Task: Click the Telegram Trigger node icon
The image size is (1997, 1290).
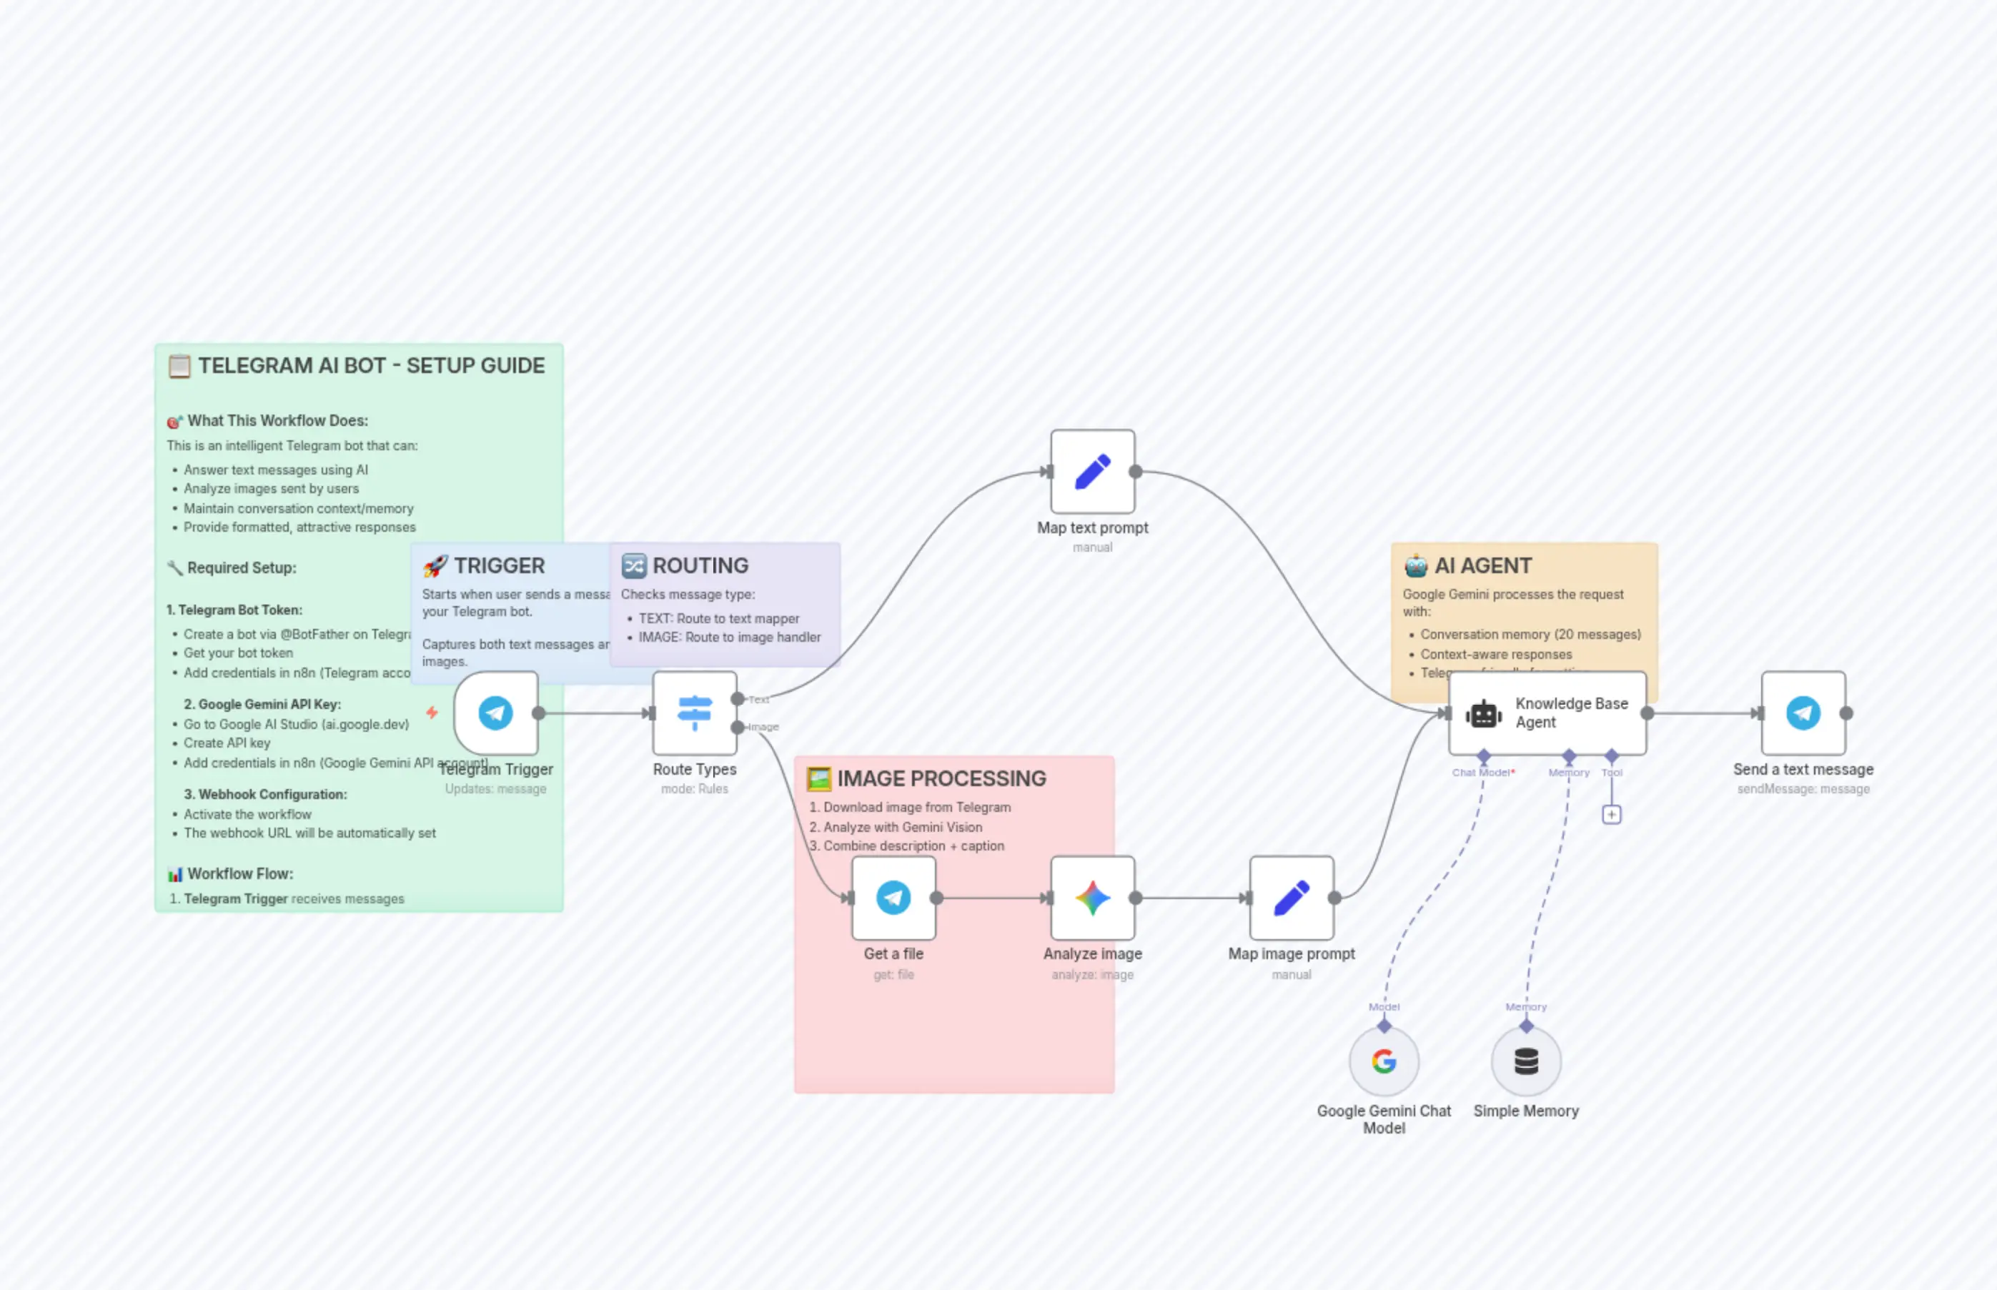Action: [x=495, y=713]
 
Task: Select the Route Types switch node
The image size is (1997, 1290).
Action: [x=695, y=713]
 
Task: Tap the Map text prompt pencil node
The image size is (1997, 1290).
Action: [x=1092, y=472]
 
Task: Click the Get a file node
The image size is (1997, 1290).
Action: [x=893, y=898]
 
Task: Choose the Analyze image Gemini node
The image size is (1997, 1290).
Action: [x=1092, y=898]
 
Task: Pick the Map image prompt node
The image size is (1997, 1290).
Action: [x=1291, y=898]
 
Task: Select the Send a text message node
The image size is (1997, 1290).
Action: [x=1803, y=713]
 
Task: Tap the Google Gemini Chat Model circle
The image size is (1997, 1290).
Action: [x=1384, y=1061]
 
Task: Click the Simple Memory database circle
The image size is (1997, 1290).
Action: [x=1525, y=1061]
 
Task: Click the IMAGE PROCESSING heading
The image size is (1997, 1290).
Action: [x=941, y=778]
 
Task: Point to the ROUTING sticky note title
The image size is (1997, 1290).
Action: [x=700, y=565]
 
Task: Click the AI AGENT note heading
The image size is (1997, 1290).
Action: [x=1482, y=565]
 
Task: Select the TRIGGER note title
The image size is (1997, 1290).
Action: [x=498, y=565]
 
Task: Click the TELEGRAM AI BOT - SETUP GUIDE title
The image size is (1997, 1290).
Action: [x=371, y=365]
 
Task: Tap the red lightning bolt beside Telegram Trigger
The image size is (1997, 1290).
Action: [x=432, y=713]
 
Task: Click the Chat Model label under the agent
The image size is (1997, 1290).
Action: [x=1480, y=773]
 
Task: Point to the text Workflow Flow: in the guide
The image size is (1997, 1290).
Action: [x=239, y=873]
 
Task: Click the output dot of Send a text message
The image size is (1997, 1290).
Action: [x=1846, y=713]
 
